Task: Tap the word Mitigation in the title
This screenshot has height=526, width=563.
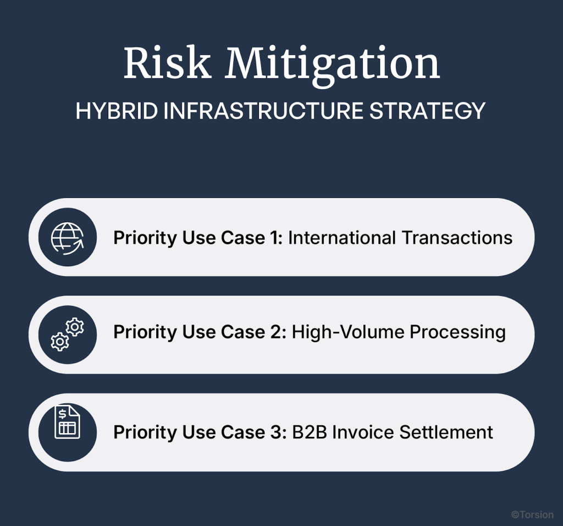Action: (x=333, y=65)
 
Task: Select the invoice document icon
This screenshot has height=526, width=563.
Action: (x=68, y=422)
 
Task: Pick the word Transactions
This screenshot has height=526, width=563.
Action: (x=457, y=238)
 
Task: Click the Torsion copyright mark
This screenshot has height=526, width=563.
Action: (x=532, y=515)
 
